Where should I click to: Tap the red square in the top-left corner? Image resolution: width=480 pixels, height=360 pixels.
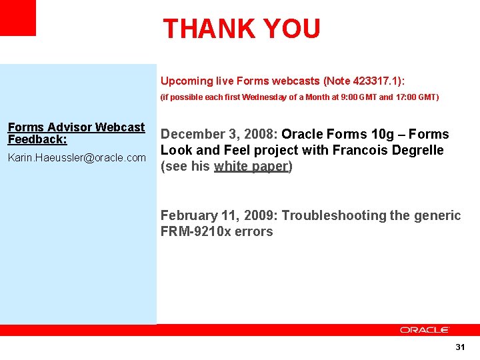click(17, 18)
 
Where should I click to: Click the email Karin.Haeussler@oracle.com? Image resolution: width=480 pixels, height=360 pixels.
click(77, 157)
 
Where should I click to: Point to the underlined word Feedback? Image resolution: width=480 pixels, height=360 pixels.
click(37, 139)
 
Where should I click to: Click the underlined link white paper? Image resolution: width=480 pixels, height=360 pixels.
click(251, 167)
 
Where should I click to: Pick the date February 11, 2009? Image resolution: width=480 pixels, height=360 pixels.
click(217, 215)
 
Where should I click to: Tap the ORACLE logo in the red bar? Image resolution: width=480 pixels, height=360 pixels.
click(425, 330)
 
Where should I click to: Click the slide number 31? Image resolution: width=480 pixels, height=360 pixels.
click(460, 347)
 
